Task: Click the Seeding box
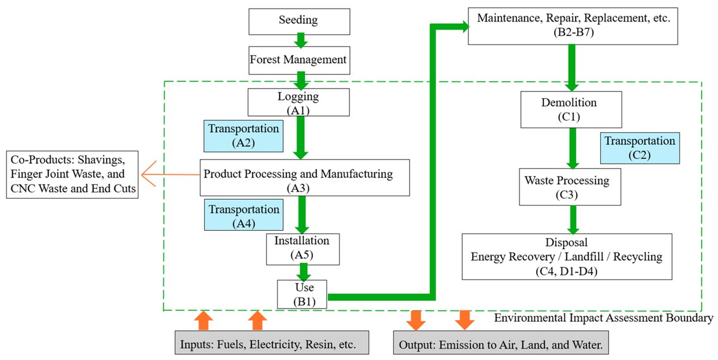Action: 299,22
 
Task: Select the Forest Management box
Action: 299,60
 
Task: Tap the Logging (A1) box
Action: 299,102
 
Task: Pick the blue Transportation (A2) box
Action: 244,136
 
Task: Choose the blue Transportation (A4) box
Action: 244,215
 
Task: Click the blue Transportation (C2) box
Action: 640,148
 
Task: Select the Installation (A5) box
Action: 303,249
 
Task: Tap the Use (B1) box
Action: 302,294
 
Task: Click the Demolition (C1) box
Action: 571,109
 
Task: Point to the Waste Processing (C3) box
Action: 570,187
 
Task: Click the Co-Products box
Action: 72,175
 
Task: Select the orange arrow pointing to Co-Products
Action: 171,174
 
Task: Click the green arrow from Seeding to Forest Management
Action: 300,40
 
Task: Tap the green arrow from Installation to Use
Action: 303,272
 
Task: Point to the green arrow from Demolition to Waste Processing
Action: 573,148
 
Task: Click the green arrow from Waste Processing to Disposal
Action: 573,219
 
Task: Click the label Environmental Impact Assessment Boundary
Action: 604,318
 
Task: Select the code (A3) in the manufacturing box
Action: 298,188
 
